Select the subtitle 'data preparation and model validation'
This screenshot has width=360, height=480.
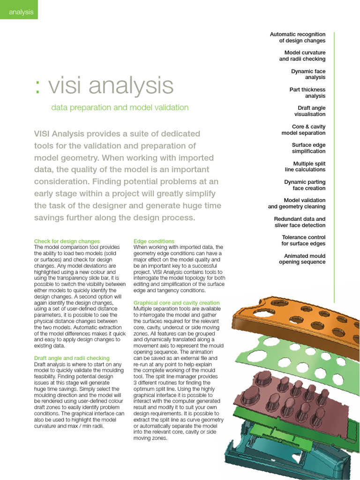pos(120,108)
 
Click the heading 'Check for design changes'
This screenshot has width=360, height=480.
pos(67,241)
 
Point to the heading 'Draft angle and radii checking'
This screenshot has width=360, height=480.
pos(72,358)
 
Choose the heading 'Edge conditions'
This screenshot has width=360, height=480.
pos(154,241)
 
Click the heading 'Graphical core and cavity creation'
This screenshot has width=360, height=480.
pos(176,303)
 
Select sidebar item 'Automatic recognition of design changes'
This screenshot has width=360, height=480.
pos(298,37)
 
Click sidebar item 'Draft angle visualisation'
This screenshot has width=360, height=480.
pos(310,111)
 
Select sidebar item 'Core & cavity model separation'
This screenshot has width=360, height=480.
pos(303,130)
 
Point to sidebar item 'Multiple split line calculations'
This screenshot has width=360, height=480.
pos(305,166)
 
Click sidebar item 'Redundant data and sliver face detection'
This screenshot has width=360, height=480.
pos(300,222)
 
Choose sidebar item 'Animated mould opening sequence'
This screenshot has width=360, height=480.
pos(302,259)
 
